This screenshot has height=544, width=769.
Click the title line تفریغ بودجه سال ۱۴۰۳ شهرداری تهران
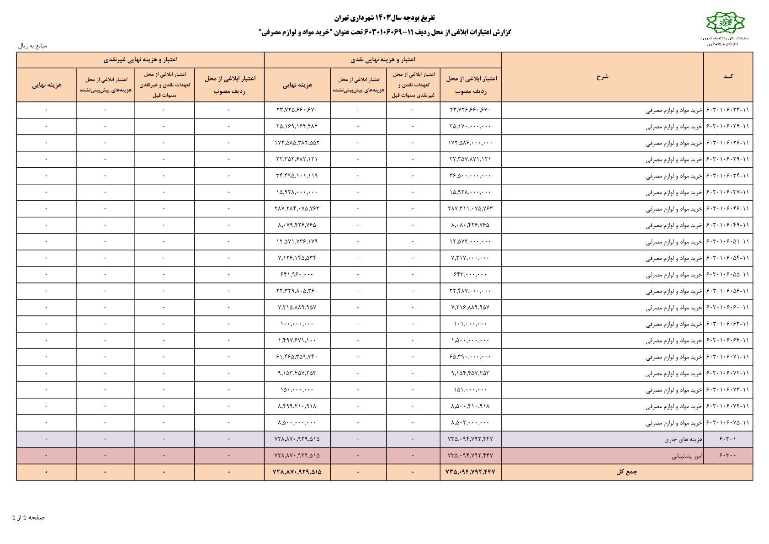pos(384,18)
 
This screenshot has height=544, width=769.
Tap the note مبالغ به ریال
pos(32,46)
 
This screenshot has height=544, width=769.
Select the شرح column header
pos(602,77)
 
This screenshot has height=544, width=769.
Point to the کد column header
pos(728,77)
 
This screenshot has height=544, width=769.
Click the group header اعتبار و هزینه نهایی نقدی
pos(382,60)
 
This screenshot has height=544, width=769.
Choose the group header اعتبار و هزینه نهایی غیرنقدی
pos(140,60)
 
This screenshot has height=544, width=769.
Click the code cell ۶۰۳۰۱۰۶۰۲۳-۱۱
pos(728,110)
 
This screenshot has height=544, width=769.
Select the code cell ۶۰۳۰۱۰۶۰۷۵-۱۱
pos(728,423)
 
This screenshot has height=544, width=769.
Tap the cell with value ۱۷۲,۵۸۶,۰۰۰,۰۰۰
pos(470,143)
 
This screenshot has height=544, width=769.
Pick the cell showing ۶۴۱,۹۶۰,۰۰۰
pos(297,275)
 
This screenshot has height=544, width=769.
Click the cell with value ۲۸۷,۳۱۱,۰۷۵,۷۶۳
pos(470,209)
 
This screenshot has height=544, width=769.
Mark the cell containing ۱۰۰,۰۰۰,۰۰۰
pos(297,324)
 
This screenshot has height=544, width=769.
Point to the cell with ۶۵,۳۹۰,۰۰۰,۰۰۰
pos(470,357)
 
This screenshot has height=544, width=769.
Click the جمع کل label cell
pos(626,472)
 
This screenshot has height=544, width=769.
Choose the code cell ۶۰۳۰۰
pos(728,456)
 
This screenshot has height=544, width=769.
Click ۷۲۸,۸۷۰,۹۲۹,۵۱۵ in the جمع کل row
pos(297,472)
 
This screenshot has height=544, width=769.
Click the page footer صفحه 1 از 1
pos(28,517)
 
